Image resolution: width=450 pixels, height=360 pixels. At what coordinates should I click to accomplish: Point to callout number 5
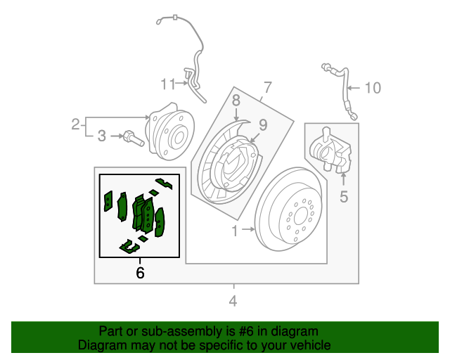(x=344, y=197)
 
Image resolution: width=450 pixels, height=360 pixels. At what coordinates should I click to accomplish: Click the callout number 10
(x=373, y=88)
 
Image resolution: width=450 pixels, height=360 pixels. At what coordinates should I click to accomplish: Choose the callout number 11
(x=167, y=84)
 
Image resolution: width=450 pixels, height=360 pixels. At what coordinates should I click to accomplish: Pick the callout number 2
(x=75, y=125)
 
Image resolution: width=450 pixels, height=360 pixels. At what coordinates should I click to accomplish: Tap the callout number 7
(x=267, y=88)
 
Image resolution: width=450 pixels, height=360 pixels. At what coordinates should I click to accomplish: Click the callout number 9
(x=262, y=125)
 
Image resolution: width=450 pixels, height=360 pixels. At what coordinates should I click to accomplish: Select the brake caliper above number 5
(x=330, y=150)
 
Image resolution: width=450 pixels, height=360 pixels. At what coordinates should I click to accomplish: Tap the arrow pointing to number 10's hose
(x=354, y=89)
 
